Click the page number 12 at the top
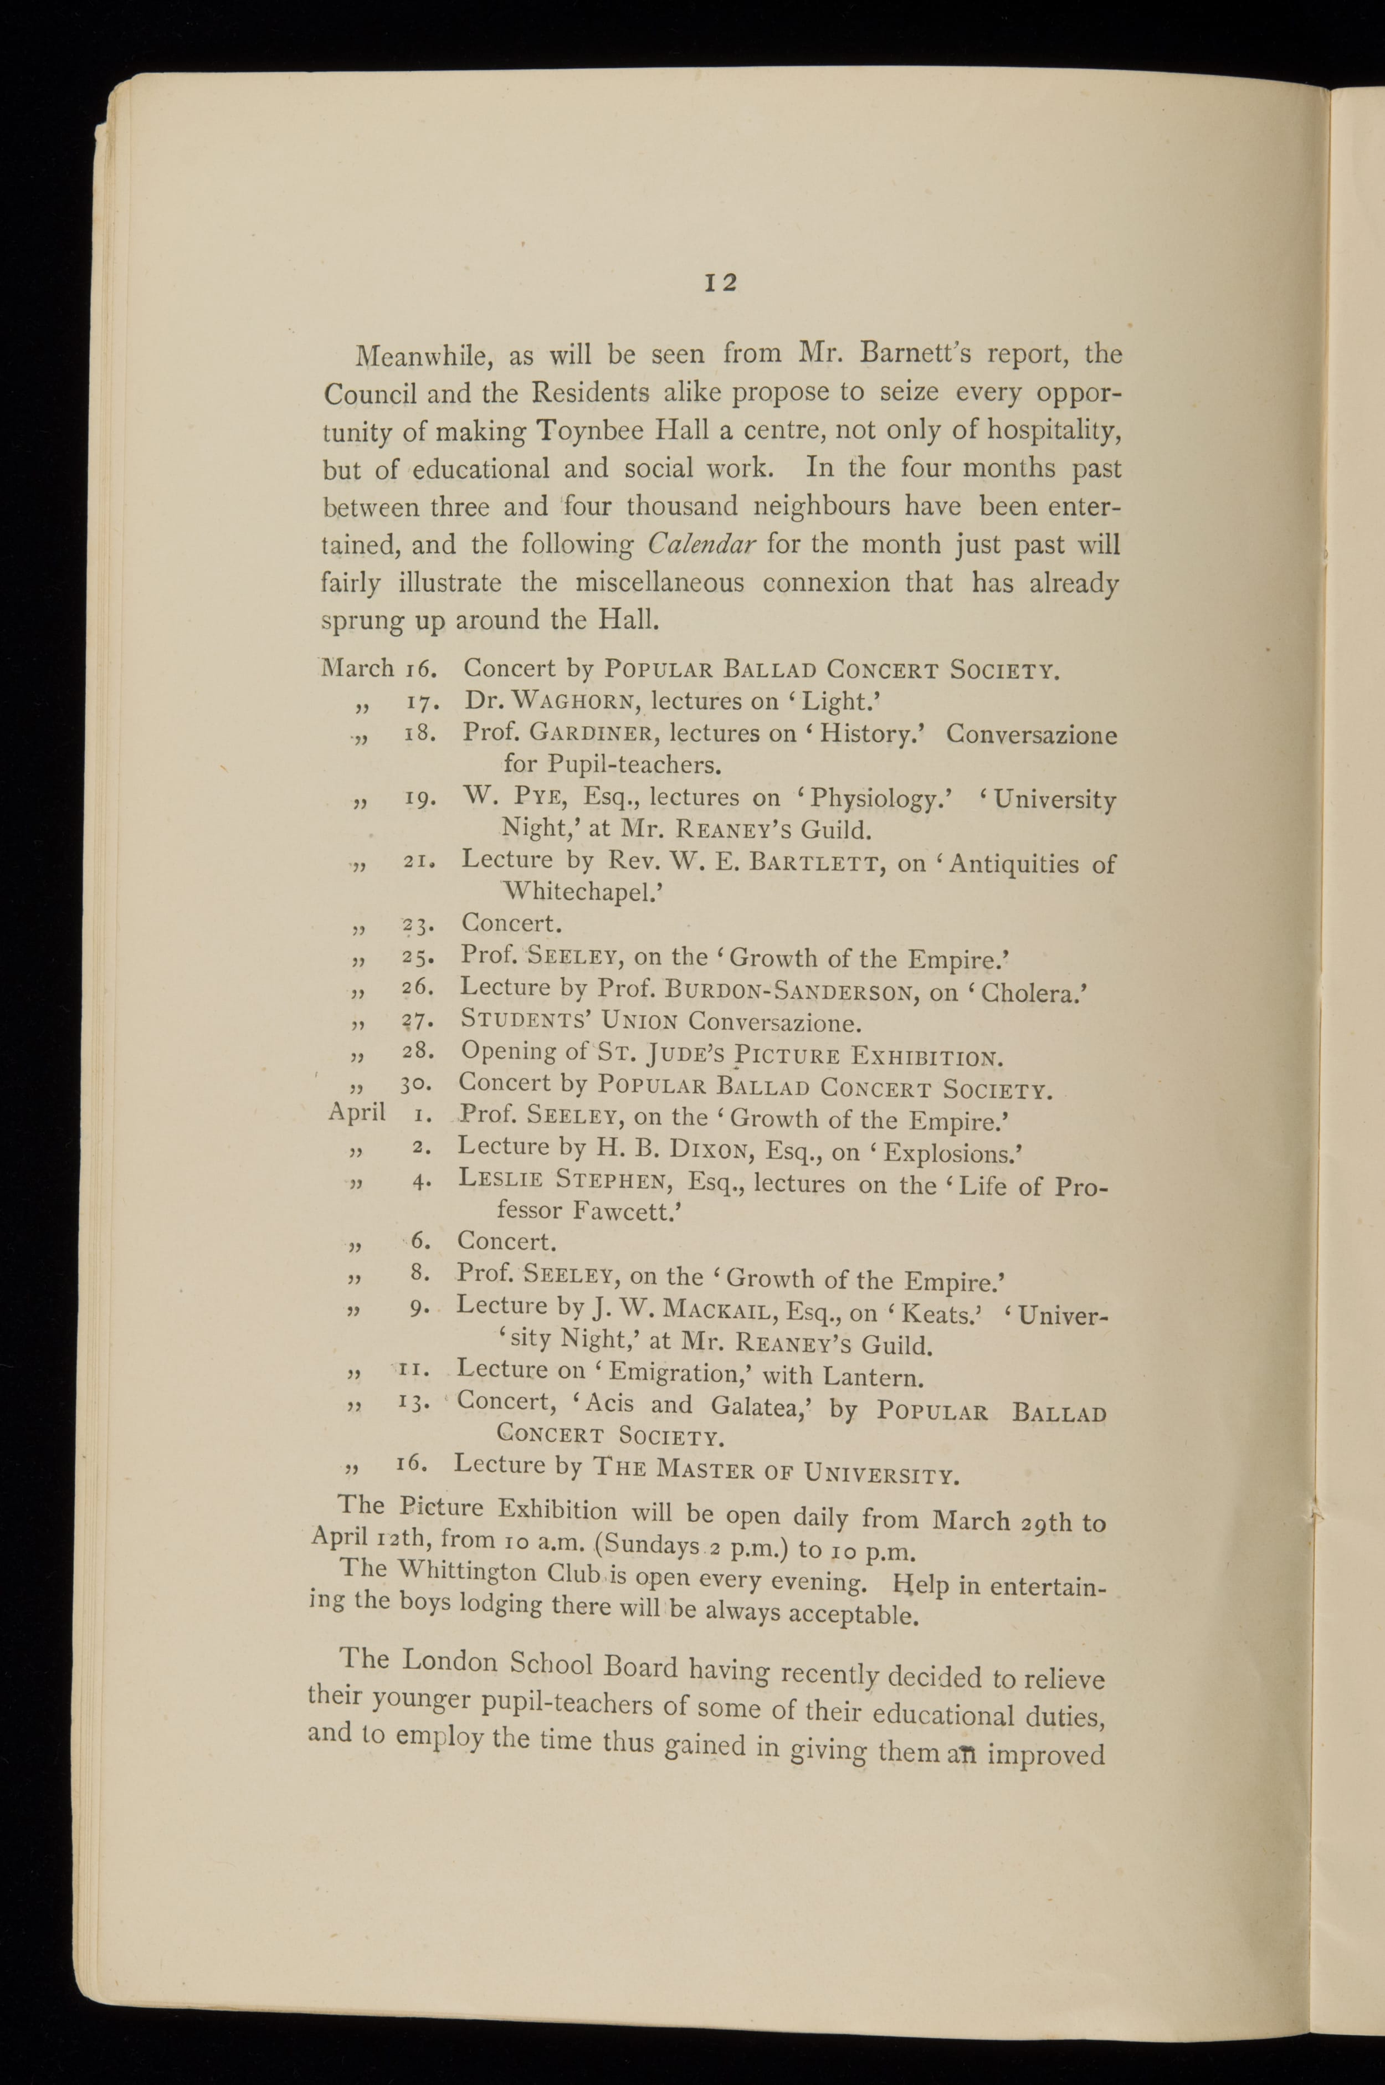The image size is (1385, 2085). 721,283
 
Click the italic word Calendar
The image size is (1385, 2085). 700,544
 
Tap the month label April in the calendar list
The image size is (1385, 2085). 357,1111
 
